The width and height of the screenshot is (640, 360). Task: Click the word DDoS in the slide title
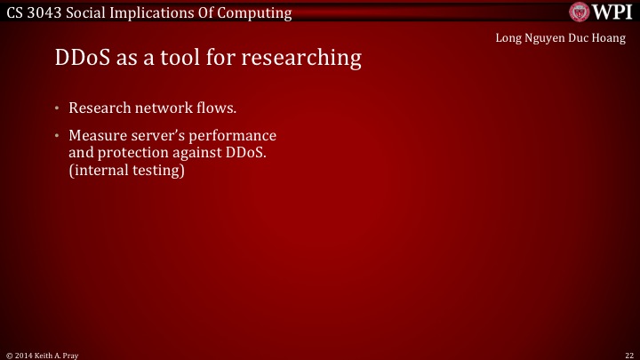point(78,59)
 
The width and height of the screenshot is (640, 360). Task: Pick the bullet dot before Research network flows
point(55,109)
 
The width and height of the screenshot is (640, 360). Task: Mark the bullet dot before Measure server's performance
point(55,137)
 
